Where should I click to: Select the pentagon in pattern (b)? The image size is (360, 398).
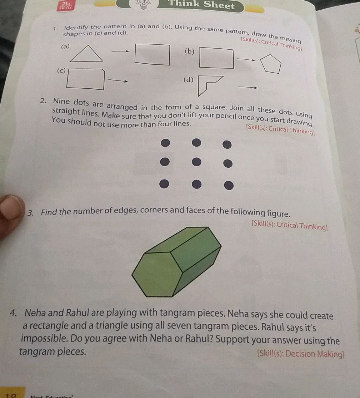pyautogui.click(x=270, y=64)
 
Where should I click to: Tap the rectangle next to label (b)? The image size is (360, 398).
pyautogui.click(x=216, y=58)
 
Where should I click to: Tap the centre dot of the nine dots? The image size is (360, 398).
pyautogui.click(x=196, y=162)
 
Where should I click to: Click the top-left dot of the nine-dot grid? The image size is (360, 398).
pyautogui.click(x=165, y=143)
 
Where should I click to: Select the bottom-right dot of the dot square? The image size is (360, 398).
pyautogui.click(x=229, y=186)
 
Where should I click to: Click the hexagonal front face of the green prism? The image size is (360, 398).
pyautogui.click(x=156, y=275)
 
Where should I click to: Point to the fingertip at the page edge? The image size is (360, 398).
pyautogui.click(x=11, y=208)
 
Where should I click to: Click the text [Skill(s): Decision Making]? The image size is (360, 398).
pyautogui.click(x=301, y=354)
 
